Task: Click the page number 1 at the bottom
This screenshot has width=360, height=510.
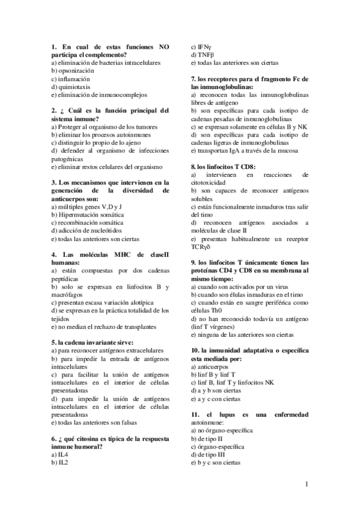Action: coord(307,484)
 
